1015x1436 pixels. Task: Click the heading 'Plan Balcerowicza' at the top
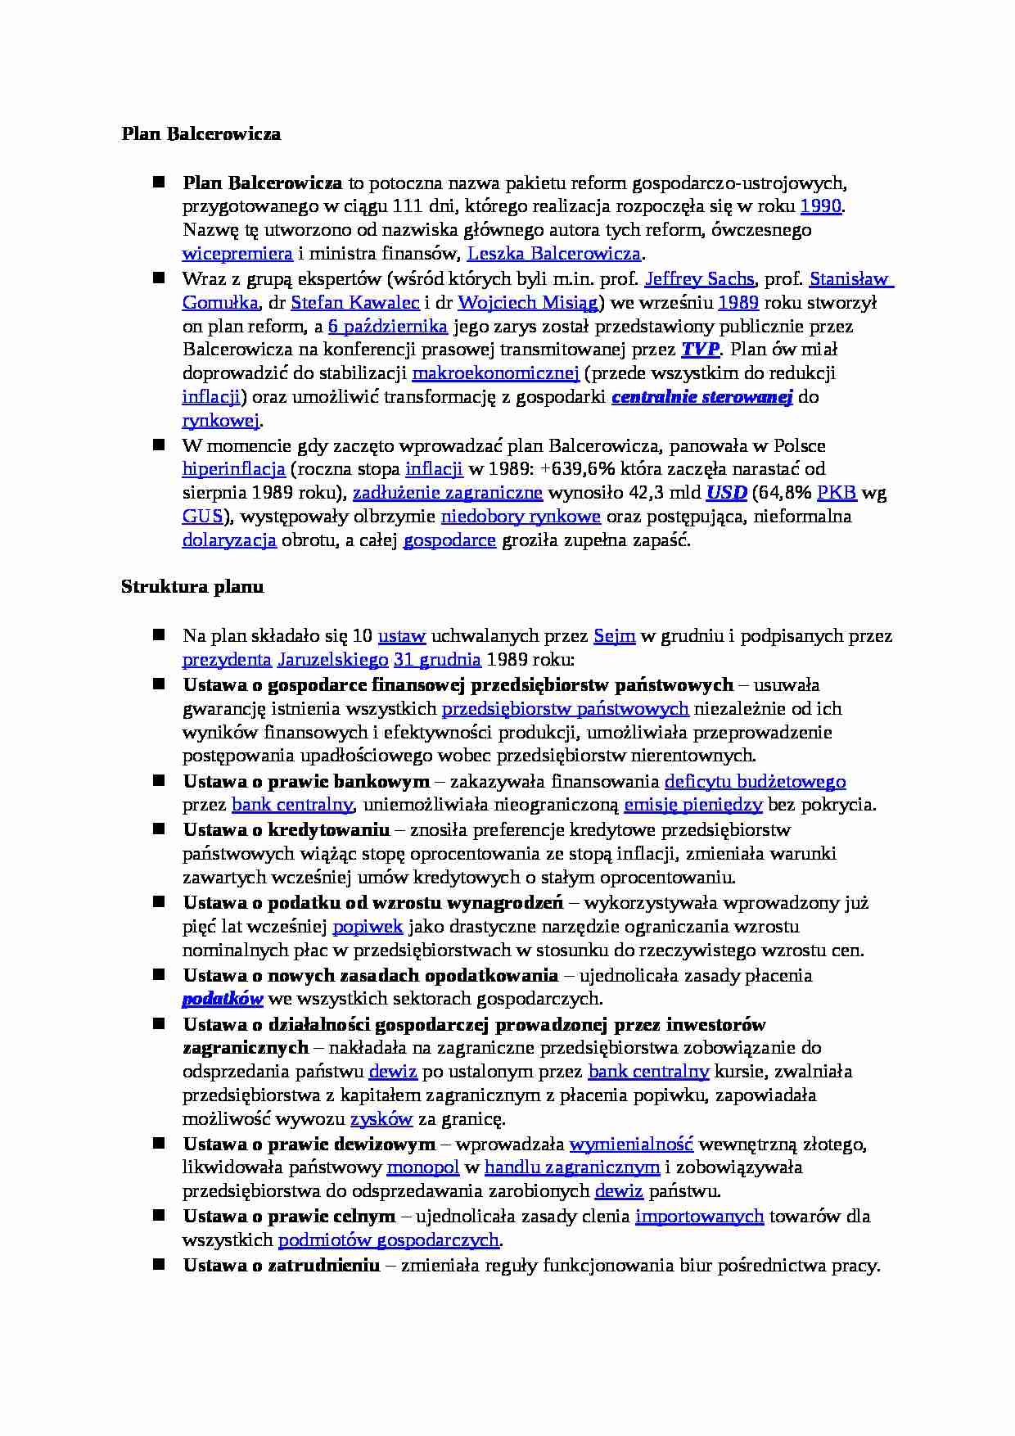pos(201,134)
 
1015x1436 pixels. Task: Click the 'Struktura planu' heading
pos(192,587)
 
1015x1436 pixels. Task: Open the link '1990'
pos(820,206)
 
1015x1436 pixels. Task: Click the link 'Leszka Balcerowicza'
pos(554,254)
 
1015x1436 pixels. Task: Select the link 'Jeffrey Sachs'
pos(699,279)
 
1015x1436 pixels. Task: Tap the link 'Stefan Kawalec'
pos(355,303)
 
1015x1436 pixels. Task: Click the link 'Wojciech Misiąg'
pos(528,303)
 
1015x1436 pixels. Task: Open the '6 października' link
pos(387,327)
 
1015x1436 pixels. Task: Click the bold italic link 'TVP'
pos(700,350)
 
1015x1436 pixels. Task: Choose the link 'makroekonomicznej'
pos(495,373)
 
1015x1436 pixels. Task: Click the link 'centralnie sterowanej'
pos(702,397)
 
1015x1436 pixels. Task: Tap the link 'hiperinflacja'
pos(233,469)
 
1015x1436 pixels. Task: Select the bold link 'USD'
pos(726,493)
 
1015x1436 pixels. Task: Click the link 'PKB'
pos(837,493)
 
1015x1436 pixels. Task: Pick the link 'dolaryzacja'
pos(229,540)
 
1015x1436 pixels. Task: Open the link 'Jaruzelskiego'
pos(332,660)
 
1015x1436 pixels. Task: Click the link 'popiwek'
pos(368,927)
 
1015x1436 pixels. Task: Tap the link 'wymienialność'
pos(631,1144)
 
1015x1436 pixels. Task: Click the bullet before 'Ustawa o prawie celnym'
pos(159,1216)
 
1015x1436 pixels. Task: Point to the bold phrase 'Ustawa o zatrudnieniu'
pos(282,1266)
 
